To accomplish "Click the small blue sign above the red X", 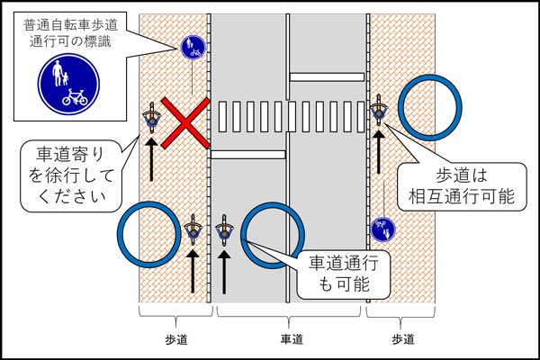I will point(191,44).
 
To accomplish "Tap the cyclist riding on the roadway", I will point(226,230).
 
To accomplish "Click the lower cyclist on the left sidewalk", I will point(193,231).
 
